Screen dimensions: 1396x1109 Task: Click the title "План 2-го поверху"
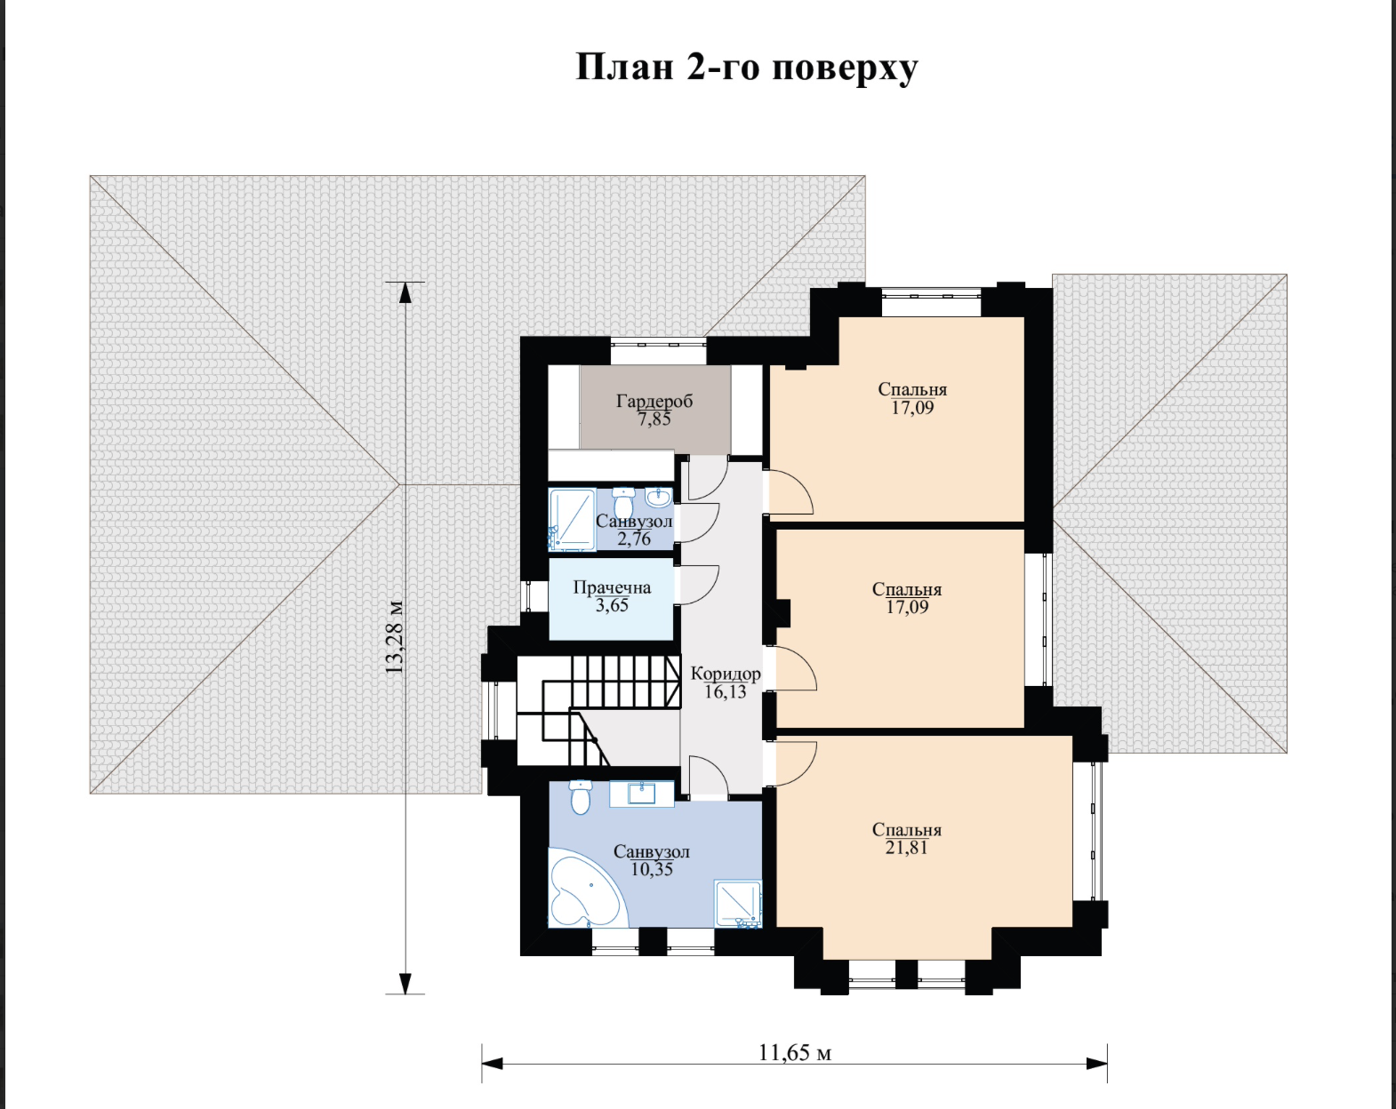747,68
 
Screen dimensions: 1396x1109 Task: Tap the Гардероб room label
654,401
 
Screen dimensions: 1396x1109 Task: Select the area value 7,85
654,419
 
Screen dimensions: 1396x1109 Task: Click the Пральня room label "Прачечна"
612,587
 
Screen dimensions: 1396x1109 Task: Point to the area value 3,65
612,605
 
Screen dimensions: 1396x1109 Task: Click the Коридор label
726,674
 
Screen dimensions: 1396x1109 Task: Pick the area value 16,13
726,692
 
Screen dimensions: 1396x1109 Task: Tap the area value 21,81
906,848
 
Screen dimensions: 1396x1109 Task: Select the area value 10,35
652,869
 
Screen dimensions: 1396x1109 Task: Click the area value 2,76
634,539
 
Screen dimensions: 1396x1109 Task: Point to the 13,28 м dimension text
394,637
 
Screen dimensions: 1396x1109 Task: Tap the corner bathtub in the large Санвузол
587,887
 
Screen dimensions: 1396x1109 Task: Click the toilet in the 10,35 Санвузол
581,797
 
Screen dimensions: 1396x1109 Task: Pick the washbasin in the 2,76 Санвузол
658,498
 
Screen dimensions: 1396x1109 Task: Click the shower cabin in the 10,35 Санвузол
738,904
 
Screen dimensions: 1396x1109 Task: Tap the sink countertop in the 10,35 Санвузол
642,794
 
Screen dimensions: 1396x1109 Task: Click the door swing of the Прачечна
697,586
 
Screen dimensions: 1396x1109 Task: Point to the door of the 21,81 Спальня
795,764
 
